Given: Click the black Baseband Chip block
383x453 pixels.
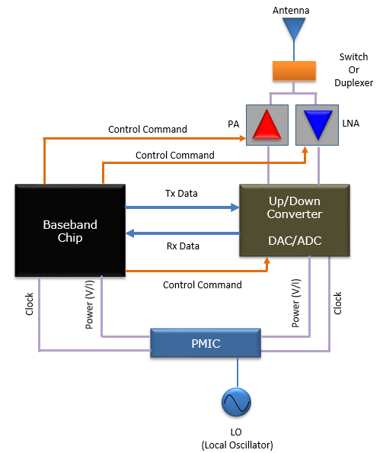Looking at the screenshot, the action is (70, 230).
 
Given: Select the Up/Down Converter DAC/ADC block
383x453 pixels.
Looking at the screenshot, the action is (295, 220).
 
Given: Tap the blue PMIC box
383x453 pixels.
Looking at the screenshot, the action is (206, 343).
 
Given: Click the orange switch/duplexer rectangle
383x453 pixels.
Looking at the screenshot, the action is (294, 71).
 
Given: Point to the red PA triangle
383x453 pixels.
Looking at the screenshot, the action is (267, 124).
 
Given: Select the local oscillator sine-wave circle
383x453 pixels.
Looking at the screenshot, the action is (237, 402).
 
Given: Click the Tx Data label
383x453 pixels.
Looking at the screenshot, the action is (181, 193).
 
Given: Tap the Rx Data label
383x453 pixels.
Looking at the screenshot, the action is (183, 246).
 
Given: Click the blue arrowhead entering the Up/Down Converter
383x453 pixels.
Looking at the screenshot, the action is (235, 207).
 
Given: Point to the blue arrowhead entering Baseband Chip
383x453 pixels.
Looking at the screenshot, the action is (129, 233).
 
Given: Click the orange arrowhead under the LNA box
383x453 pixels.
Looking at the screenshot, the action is (305, 149).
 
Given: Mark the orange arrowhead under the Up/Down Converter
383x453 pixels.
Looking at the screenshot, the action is (267, 260).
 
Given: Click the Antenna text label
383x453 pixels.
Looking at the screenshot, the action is (291, 11).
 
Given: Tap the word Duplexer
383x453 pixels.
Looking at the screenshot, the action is (354, 83).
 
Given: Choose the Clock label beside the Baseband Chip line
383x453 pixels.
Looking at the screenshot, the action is (30, 304).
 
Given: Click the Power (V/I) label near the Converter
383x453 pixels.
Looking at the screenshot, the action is (296, 303).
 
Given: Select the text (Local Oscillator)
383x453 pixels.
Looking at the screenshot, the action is (237, 445).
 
